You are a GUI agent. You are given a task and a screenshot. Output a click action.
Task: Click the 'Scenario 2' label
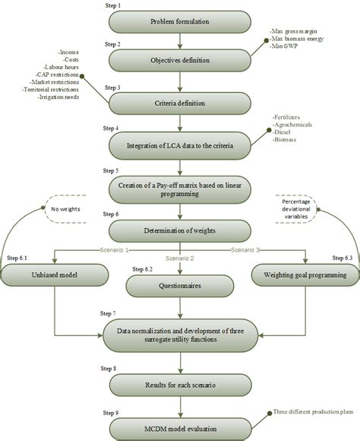(x=177, y=258)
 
